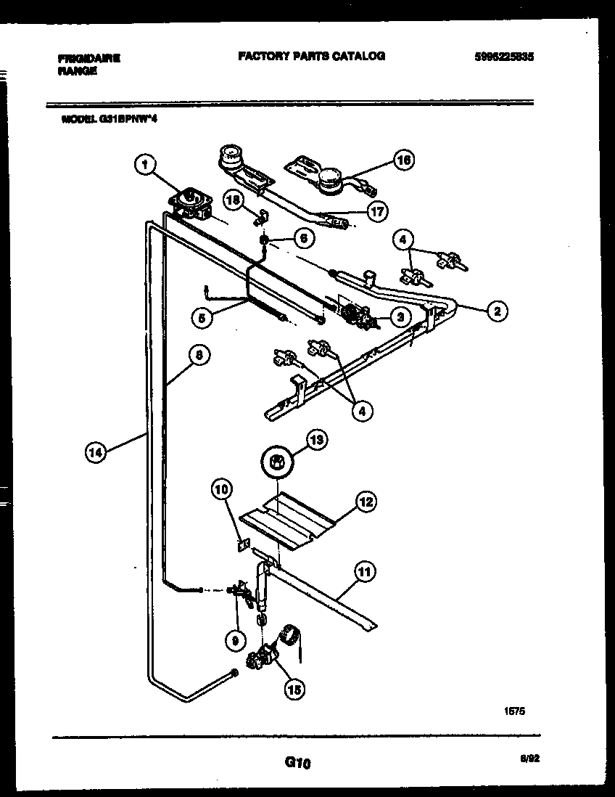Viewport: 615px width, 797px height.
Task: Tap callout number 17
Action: point(376,211)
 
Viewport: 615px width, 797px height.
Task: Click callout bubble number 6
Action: point(304,237)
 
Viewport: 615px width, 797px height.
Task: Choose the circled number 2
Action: point(496,311)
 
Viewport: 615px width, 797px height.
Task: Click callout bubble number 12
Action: point(366,502)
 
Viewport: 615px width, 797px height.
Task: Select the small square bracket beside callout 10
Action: point(245,542)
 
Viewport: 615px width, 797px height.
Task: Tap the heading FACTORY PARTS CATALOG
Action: point(311,56)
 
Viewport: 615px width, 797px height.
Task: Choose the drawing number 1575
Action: point(513,712)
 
